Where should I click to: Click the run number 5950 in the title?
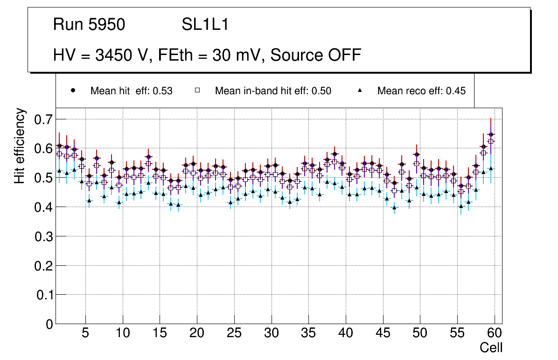[x=107, y=25]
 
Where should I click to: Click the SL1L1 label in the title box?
[x=205, y=25]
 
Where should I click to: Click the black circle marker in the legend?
[x=73, y=90]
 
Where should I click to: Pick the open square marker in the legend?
[x=197, y=90]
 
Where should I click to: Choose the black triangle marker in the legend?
[x=360, y=90]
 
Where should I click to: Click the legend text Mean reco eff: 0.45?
[x=421, y=91]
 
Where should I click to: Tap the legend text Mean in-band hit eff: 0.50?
[x=273, y=91]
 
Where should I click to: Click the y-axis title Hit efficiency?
[x=20, y=145]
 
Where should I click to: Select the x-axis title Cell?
[x=491, y=347]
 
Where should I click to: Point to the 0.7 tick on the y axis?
[x=44, y=119]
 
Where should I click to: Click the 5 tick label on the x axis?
[x=85, y=333]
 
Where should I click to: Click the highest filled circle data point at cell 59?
[x=491, y=134]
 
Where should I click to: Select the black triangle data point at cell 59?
[x=491, y=168]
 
